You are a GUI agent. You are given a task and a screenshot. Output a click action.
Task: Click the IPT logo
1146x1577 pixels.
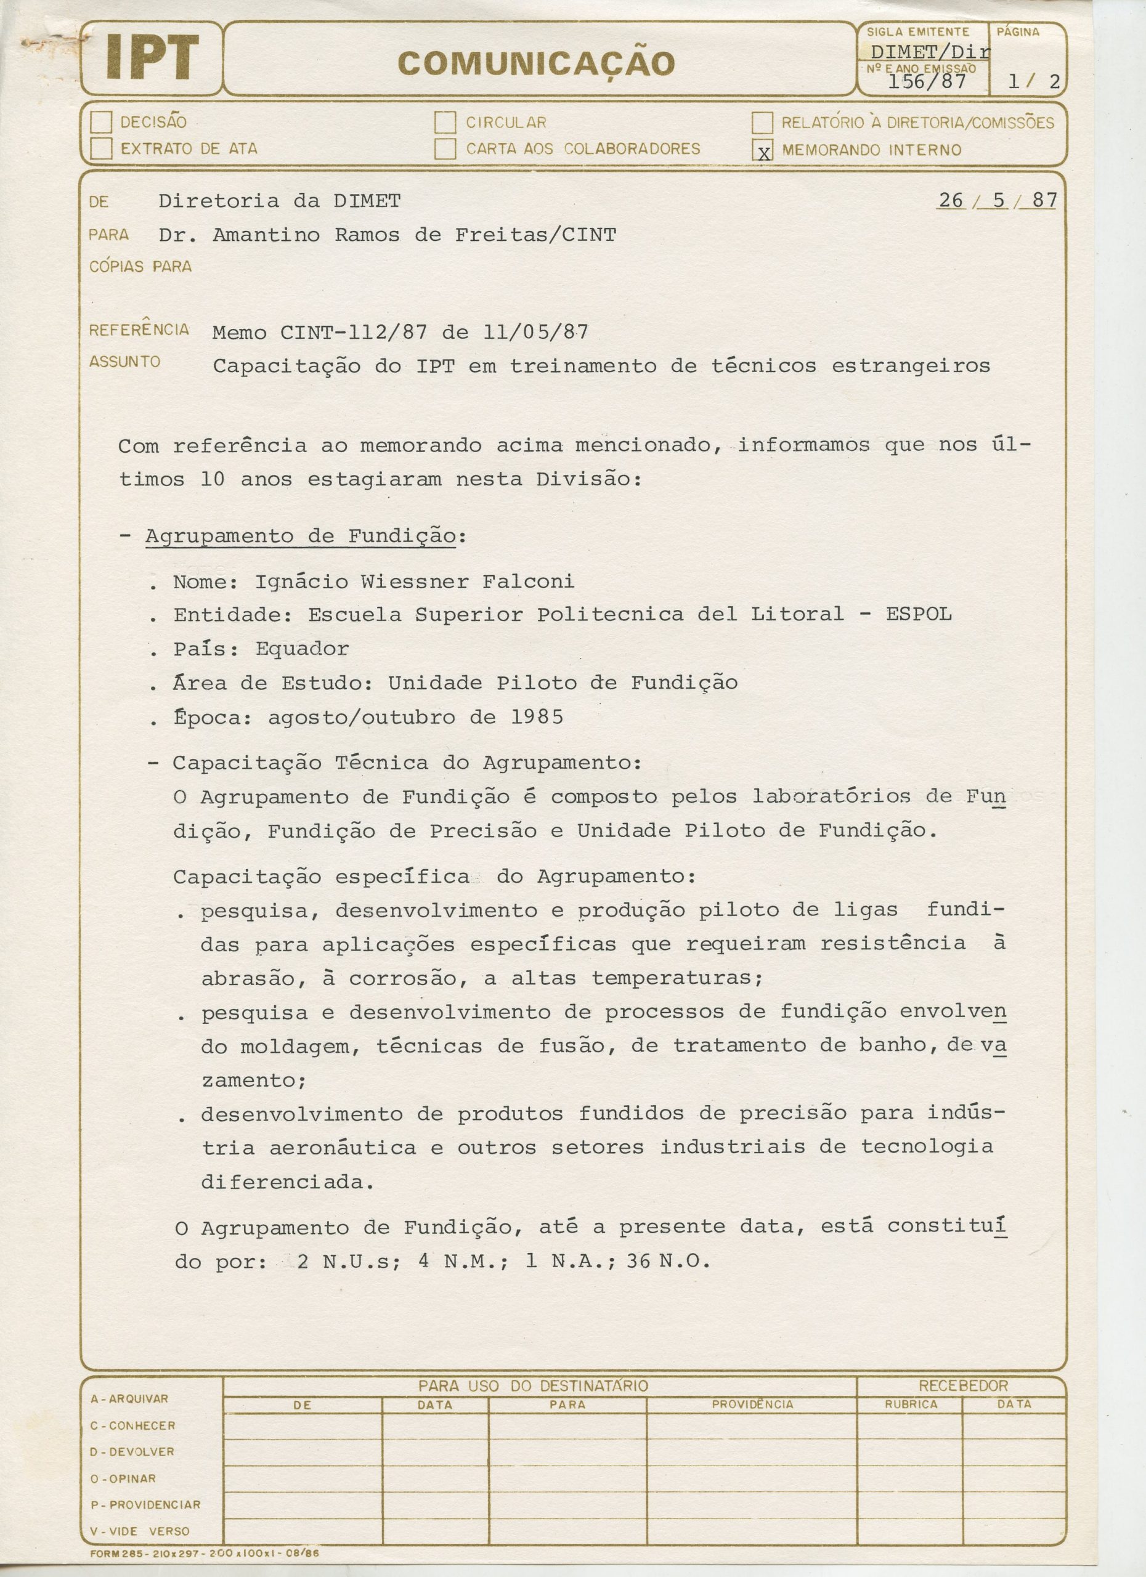coord(152,59)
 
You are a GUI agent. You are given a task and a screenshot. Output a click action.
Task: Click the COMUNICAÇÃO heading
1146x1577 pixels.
coord(536,63)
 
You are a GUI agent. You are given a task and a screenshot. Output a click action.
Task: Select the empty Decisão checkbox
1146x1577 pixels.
coord(102,123)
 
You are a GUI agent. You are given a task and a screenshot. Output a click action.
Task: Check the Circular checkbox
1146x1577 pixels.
coord(445,123)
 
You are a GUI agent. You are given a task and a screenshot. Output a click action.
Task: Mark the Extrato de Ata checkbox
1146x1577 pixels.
coord(102,148)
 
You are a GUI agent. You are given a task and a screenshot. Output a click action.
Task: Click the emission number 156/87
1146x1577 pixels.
coord(927,81)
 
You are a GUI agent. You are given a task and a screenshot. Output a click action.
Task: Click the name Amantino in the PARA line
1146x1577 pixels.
coord(266,235)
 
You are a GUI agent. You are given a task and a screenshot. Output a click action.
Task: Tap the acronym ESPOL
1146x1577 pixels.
coord(919,614)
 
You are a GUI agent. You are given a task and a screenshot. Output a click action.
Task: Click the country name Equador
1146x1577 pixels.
coord(303,649)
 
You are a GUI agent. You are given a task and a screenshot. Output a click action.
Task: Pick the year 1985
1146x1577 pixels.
coord(537,717)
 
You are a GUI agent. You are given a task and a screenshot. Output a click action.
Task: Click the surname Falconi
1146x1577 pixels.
coord(529,582)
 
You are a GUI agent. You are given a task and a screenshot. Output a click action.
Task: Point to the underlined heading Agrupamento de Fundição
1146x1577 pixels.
coord(301,536)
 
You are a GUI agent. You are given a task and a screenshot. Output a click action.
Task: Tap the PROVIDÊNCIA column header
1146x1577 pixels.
coord(752,1405)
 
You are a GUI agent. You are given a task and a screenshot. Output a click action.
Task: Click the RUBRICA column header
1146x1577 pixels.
coord(911,1405)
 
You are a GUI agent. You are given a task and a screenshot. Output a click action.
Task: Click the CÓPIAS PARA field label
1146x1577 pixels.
coord(140,266)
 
